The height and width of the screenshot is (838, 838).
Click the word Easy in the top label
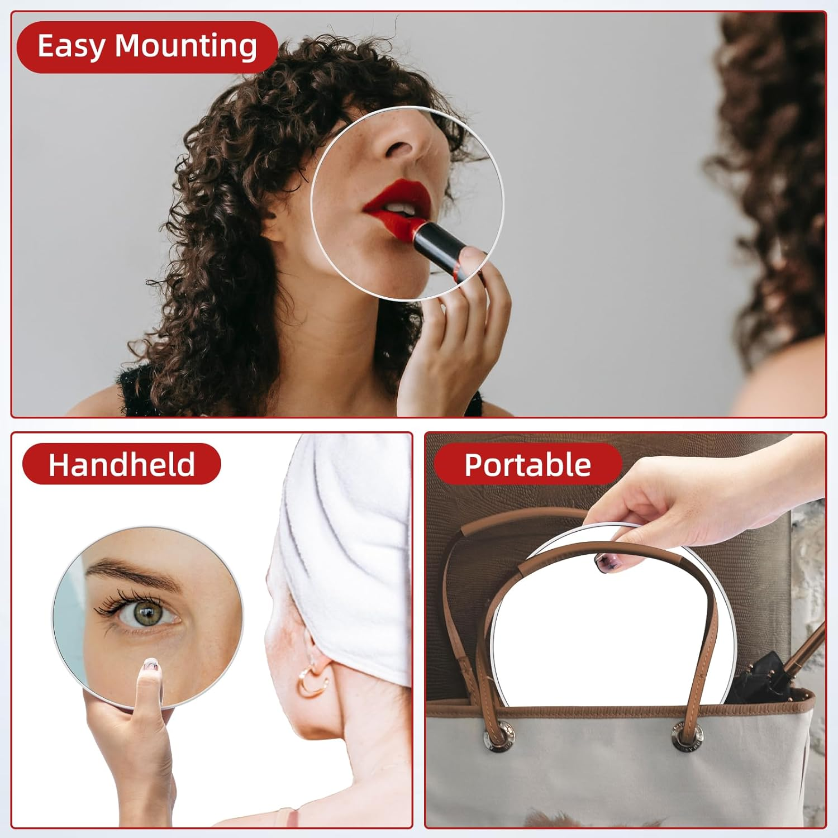(x=72, y=46)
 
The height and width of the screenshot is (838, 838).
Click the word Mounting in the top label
(x=186, y=46)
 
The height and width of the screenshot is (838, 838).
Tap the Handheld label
(x=121, y=464)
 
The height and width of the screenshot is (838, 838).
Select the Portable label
(x=527, y=464)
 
